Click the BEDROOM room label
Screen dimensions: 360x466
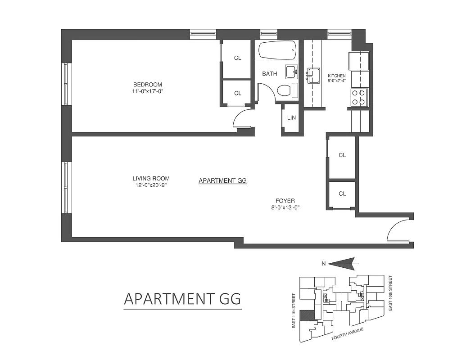(x=147, y=85)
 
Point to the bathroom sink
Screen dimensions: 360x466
(x=291, y=72)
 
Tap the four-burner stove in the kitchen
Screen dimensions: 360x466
(x=359, y=97)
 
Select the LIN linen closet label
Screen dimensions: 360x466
(x=291, y=118)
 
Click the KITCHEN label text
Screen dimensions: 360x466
(x=336, y=76)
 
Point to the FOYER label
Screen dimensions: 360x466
(x=285, y=201)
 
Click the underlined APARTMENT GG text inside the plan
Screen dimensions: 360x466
(x=223, y=181)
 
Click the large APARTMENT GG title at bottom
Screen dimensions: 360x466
(x=182, y=299)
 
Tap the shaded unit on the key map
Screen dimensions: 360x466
(x=306, y=315)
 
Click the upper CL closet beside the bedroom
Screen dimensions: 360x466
(x=238, y=58)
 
